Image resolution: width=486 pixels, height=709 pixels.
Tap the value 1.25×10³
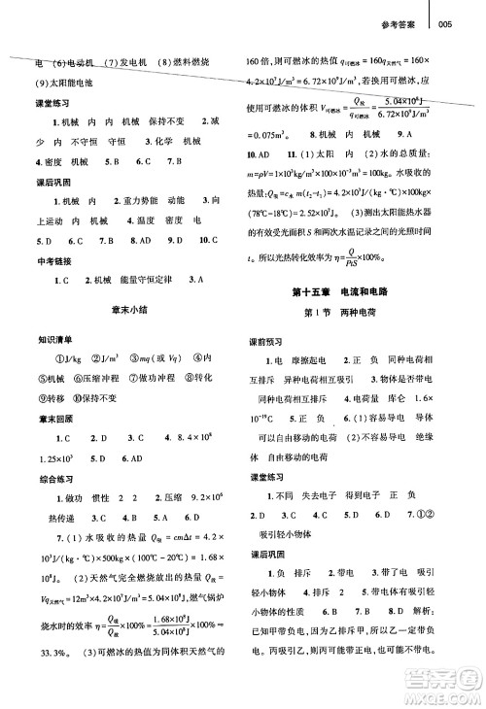pyautogui.click(x=41, y=488)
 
